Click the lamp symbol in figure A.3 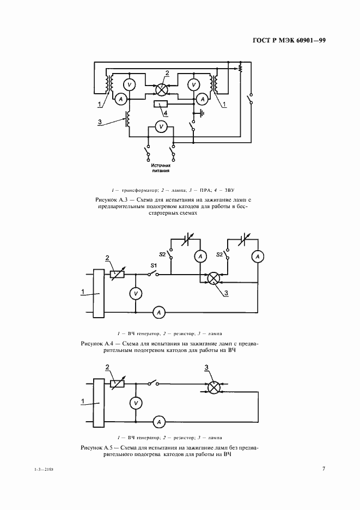161,90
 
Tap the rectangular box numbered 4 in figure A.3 161,104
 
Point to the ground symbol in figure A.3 202,113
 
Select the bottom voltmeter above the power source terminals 160,126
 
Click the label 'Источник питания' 160,168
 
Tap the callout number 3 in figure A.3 100,122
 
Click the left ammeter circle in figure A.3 121,99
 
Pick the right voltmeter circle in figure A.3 194,85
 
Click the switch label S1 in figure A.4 154,266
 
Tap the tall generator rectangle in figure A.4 99,293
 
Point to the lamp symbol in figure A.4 213,279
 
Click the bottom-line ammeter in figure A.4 159,313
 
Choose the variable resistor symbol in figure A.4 117,275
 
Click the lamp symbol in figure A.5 214,388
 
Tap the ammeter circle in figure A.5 159,422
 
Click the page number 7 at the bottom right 324,469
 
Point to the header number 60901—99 311,40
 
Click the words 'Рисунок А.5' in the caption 95,447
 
